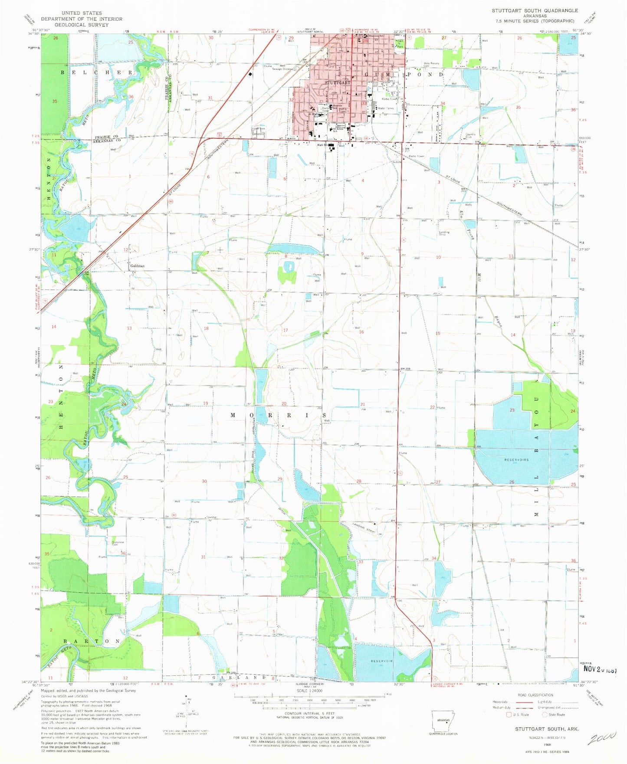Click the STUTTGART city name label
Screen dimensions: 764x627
337,82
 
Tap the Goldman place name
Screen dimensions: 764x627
136,266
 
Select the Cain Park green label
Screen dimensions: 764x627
400,43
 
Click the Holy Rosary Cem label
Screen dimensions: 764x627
432,65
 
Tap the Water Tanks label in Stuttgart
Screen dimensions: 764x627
386,108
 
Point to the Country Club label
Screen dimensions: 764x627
470,135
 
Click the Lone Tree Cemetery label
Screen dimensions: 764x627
258,131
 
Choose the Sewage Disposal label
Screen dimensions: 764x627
282,69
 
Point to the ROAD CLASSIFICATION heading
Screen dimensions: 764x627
535,695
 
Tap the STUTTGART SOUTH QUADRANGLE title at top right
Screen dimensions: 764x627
535,10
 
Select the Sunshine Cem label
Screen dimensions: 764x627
118,543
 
